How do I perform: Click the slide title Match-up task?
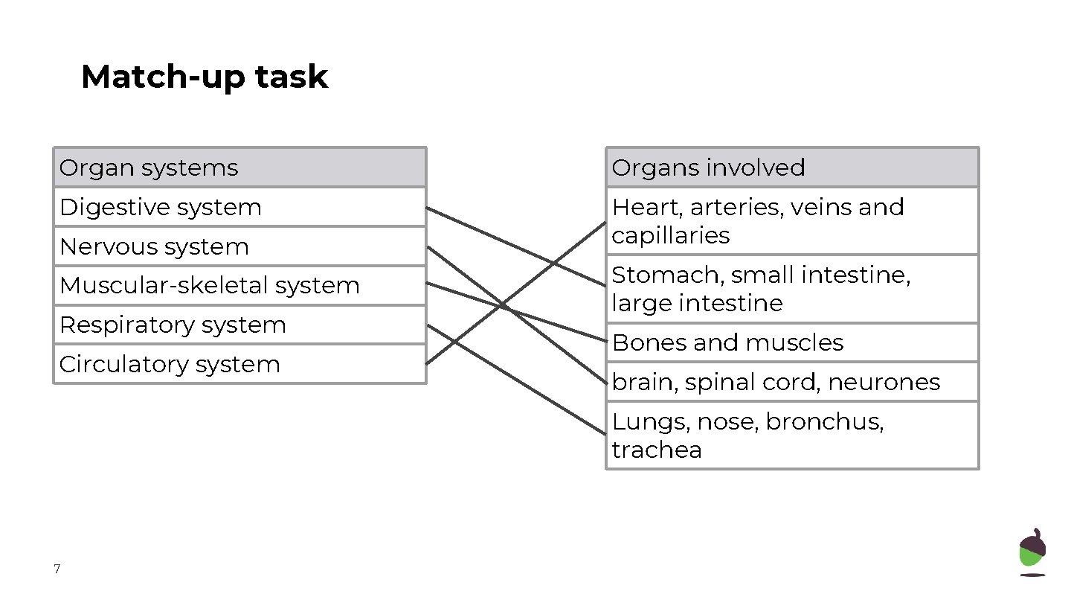point(204,77)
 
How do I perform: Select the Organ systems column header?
point(149,167)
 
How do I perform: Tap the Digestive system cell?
point(160,207)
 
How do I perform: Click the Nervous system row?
point(154,246)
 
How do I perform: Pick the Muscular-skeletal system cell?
point(209,285)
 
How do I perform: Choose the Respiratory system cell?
point(173,325)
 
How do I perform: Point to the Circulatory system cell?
point(170,364)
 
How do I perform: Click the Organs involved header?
point(708,167)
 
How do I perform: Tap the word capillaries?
point(670,235)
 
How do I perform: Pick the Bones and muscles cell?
point(727,342)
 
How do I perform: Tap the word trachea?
point(657,450)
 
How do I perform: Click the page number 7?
point(57,570)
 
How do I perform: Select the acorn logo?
point(1032,552)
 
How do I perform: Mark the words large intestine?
point(697,304)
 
